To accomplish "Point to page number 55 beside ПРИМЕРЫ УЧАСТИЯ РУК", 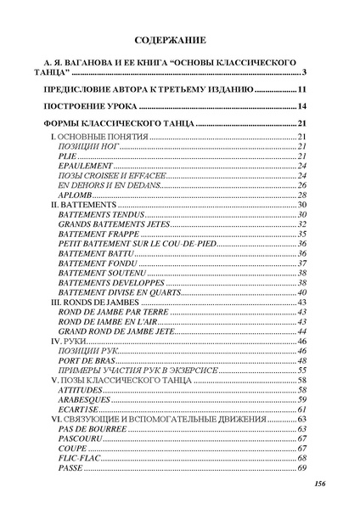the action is pos(301,370).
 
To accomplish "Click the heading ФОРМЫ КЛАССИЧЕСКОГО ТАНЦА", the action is pos(118,125).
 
